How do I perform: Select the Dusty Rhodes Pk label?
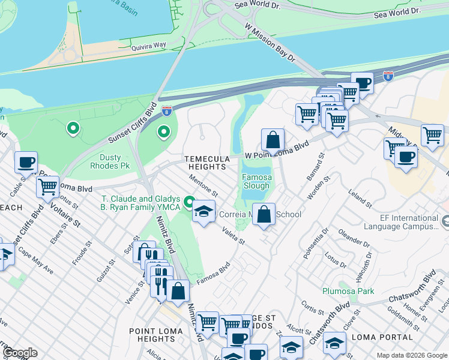coord(110,162)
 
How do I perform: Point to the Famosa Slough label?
coord(256,182)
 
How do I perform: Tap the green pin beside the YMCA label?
coord(190,202)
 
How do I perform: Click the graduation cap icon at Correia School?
coord(204,211)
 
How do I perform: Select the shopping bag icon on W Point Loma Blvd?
coord(273,140)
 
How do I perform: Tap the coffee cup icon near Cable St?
coord(26,162)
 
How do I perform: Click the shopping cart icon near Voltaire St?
coord(47,187)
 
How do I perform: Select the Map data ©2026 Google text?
coord(411,355)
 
